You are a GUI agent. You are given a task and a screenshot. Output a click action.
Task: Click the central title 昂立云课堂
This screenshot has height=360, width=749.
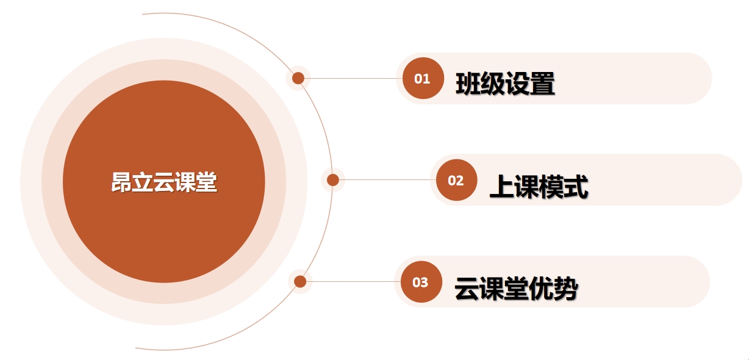coord(164,182)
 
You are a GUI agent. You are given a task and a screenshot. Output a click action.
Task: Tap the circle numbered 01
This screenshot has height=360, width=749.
coord(423,78)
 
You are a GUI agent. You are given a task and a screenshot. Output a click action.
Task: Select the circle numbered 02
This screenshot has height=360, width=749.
coord(456,180)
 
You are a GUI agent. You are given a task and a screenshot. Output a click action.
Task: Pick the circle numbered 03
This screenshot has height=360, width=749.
coord(421,282)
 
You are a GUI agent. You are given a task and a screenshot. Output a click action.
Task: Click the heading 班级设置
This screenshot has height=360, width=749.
coord(505,84)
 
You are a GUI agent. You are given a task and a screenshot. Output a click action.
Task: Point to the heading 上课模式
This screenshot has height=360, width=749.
coord(539,186)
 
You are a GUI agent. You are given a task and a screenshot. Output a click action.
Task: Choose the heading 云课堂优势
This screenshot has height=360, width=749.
coord(516,288)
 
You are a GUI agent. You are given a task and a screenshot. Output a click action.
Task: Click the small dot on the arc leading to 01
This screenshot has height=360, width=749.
coord(298,78)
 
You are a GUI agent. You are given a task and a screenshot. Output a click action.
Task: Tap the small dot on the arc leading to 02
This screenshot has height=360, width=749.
coord(332,180)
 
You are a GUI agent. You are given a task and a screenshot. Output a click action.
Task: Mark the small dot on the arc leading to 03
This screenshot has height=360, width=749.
coord(300,281)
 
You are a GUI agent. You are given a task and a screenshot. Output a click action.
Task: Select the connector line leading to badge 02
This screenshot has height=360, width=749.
coord(387,179)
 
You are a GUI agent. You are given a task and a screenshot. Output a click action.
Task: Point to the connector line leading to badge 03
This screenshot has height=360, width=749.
coord(353,281)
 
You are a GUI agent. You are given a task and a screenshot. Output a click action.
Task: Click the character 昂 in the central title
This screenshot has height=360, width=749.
coord(121,182)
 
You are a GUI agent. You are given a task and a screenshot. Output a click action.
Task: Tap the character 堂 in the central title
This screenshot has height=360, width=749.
coord(207,182)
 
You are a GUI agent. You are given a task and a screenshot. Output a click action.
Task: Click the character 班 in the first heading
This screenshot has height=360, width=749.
coord(468,84)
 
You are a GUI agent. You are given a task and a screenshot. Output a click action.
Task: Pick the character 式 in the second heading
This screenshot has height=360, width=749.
coord(576,186)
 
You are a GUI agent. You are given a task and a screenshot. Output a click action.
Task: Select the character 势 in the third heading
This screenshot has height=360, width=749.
coord(566,288)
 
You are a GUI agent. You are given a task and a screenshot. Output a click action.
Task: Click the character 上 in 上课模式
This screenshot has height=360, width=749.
coord(501,186)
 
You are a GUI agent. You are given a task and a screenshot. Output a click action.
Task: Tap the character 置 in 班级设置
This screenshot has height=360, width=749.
coord(543,84)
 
